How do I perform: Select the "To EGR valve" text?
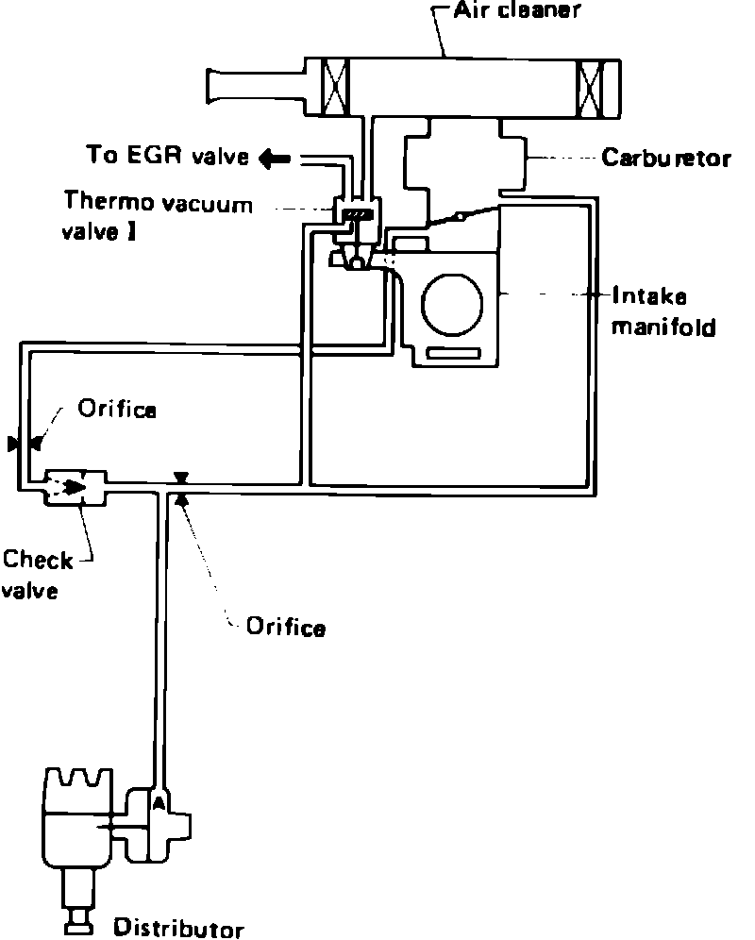tap(168, 155)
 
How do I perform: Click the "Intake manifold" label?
tap(663, 311)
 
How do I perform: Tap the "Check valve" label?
tap(38, 575)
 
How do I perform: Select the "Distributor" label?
tap(178, 928)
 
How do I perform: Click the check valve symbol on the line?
tap(75, 486)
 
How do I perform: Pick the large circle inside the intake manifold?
tap(452, 304)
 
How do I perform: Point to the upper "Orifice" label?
tap(116, 410)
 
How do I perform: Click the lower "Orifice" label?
tap(285, 627)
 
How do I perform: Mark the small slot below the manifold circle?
tap(453, 353)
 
